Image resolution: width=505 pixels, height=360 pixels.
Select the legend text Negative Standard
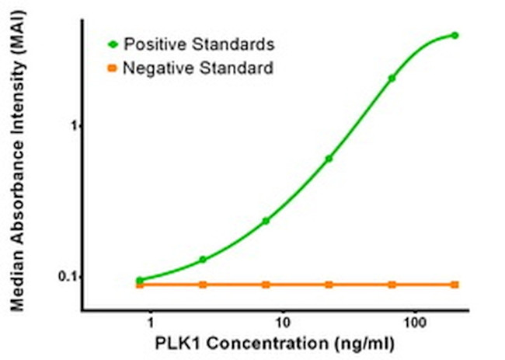tap(199, 69)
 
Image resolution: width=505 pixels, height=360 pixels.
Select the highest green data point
tap(454, 35)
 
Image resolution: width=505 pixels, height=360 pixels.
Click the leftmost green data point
tap(140, 280)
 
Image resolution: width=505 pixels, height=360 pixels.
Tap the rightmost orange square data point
tap(454, 285)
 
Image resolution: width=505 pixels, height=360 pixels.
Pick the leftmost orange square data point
tap(140, 285)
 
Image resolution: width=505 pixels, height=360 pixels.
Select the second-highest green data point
tap(392, 78)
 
